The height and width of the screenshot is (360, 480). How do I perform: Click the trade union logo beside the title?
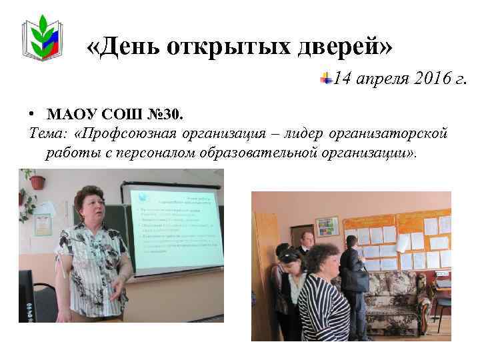tap(44, 39)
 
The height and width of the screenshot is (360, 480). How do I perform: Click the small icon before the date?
tap(325, 79)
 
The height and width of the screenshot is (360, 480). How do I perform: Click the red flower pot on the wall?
tap(37, 181)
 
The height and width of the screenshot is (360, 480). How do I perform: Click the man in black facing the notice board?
tap(352, 280)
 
